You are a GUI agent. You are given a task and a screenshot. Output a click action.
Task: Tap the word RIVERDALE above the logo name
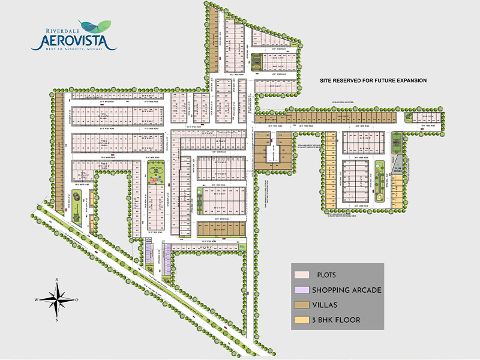(x=62, y=28)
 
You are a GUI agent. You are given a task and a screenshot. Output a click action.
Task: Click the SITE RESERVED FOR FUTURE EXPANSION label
(x=372, y=80)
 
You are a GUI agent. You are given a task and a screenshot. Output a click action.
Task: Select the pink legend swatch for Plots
(x=301, y=275)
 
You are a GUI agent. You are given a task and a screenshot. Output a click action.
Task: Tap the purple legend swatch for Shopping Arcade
(x=301, y=290)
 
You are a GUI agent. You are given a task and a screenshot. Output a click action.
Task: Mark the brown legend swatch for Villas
(x=301, y=305)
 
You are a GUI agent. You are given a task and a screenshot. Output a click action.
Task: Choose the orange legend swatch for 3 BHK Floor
(x=301, y=320)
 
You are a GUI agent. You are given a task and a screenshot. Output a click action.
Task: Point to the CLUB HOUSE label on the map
(x=397, y=169)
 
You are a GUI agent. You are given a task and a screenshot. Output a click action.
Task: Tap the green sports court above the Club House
(x=396, y=143)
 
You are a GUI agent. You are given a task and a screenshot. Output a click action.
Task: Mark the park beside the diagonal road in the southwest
(x=78, y=204)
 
